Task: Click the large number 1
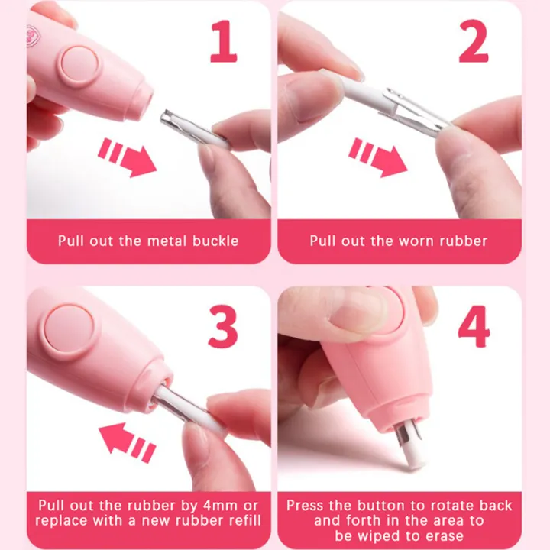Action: pyautogui.click(x=225, y=41)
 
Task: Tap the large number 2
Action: pyautogui.click(x=473, y=41)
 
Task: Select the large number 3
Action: pyautogui.click(x=223, y=327)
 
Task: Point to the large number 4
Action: pyautogui.click(x=474, y=327)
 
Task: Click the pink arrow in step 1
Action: pyautogui.click(x=127, y=157)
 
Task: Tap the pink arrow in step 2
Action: pyautogui.click(x=378, y=157)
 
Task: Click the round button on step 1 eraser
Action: pyautogui.click(x=79, y=66)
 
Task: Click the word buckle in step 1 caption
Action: pyautogui.click(x=215, y=241)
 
